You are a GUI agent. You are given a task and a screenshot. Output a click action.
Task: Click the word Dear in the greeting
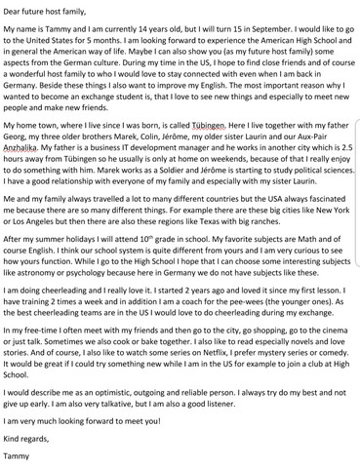pos(14,11)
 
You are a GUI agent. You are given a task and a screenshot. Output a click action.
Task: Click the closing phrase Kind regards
pos(28,446)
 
